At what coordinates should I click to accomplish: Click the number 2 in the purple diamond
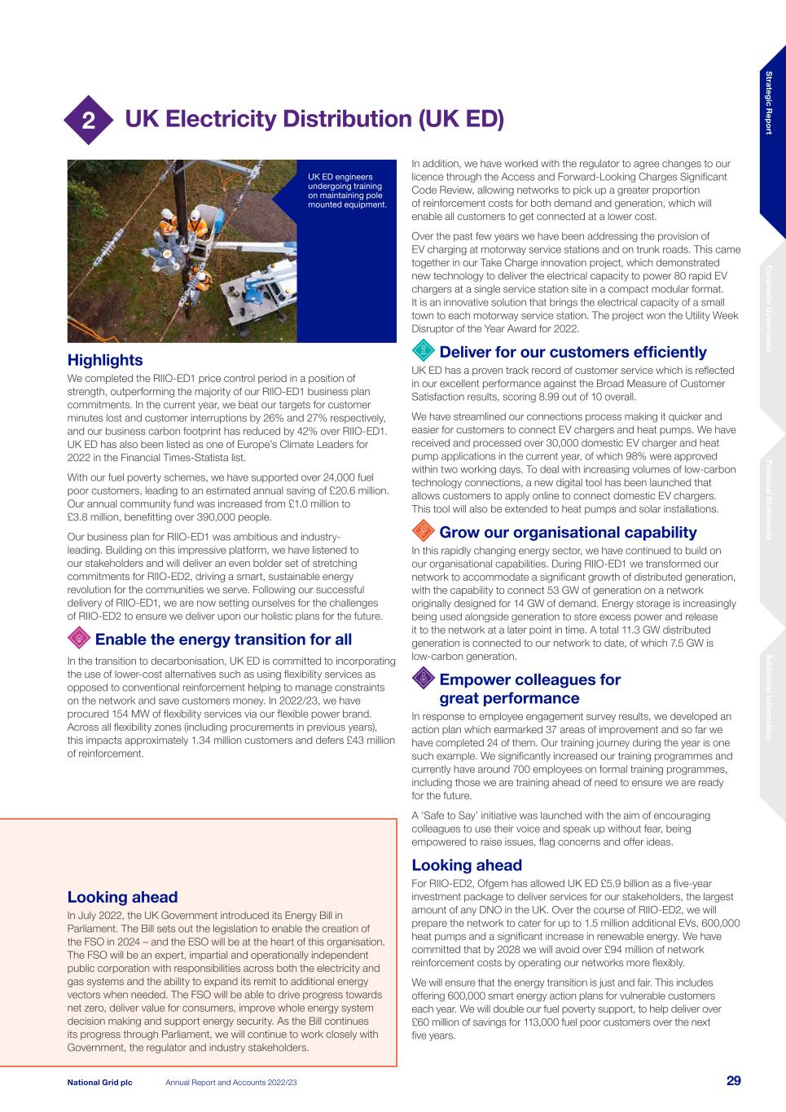click(x=86, y=121)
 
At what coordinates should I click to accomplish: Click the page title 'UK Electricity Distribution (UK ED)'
click(x=314, y=120)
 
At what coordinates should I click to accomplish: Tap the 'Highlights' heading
click(x=104, y=360)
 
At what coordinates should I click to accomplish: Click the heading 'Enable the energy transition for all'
click(x=223, y=640)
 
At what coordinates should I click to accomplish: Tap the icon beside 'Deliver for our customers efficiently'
click(x=422, y=352)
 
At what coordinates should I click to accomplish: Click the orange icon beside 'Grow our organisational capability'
click(x=422, y=532)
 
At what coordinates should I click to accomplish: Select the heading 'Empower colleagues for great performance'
click(x=529, y=689)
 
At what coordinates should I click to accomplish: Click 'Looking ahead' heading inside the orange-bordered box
click(x=122, y=898)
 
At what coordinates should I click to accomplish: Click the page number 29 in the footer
click(x=733, y=1081)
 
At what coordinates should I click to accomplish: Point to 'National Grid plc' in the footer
click(x=99, y=1082)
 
